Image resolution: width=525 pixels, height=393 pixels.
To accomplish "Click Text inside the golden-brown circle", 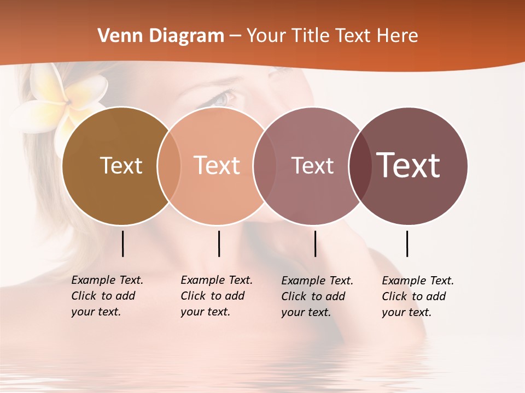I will click(x=121, y=165).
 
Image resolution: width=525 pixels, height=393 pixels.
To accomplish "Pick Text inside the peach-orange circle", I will click(x=217, y=165).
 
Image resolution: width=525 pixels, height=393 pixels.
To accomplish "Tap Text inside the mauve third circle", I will click(x=312, y=165).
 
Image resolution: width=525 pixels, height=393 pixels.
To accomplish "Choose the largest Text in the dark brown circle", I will click(x=408, y=165).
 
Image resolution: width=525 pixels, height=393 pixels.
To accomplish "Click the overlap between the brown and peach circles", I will click(x=169, y=165).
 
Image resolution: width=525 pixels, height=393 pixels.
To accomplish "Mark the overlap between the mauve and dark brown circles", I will click(x=360, y=165).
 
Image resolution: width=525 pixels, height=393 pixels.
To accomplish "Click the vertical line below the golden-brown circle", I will click(x=122, y=243).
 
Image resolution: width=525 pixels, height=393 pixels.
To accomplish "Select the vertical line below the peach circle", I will click(x=219, y=243).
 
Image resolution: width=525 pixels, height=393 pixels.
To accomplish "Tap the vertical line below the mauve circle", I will click(x=315, y=243).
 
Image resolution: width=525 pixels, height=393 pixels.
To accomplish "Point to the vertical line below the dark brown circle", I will click(x=407, y=243).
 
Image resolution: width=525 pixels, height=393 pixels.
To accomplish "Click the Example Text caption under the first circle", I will click(x=107, y=296).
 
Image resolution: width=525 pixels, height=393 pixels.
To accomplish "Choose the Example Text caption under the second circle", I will click(x=216, y=296).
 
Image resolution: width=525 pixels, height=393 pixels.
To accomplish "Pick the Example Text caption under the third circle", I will click(x=317, y=296).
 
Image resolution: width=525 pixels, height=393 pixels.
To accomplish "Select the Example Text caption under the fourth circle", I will click(x=417, y=296).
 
